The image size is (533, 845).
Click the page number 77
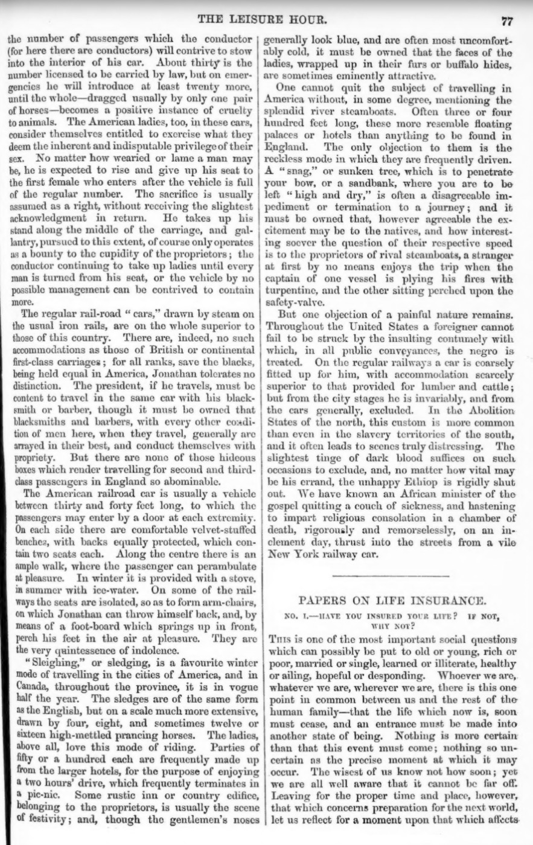(506, 22)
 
